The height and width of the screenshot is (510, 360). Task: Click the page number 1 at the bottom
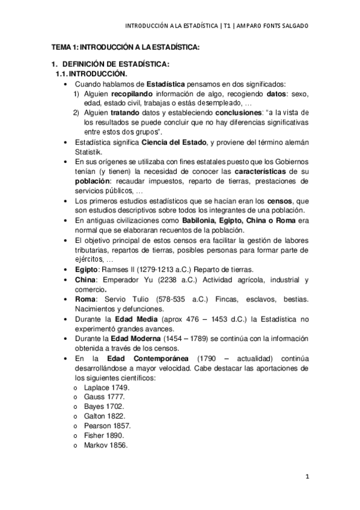pos(307,478)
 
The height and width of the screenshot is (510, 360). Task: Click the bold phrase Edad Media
pos(141,318)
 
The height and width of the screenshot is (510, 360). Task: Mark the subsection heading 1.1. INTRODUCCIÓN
pos(91,73)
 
